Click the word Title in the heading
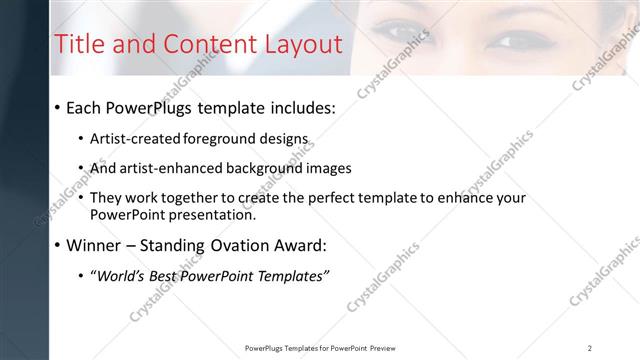pos(78,44)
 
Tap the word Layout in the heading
pos(303,44)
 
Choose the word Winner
pos(95,245)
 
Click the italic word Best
pos(170,276)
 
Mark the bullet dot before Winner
pos(58,245)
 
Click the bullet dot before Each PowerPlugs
pos(58,108)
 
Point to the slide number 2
pos(590,348)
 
